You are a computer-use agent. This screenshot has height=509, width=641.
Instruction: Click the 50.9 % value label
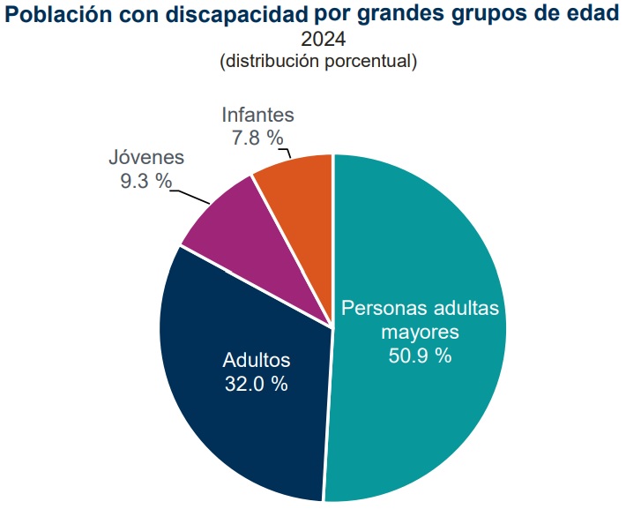[420, 356]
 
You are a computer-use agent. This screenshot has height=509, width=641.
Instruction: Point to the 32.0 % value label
[257, 384]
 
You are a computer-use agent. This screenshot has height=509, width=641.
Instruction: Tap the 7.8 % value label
[257, 138]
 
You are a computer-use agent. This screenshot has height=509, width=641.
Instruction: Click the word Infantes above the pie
[257, 115]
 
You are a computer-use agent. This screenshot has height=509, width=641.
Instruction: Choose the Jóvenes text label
[146, 158]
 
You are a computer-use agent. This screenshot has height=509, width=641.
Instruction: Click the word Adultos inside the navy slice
[257, 361]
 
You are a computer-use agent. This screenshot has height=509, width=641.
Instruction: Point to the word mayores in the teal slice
[420, 333]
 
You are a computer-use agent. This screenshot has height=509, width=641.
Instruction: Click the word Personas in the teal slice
[384, 309]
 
